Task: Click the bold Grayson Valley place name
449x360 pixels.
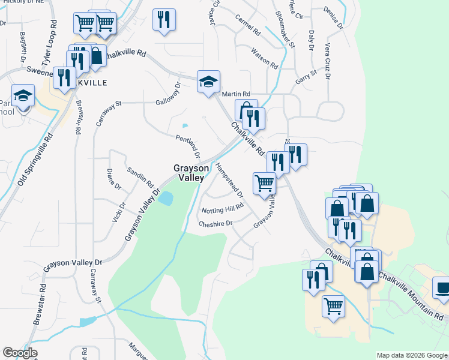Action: point(190,173)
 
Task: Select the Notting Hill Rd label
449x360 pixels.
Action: point(223,208)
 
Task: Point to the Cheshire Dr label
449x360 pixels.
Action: point(215,223)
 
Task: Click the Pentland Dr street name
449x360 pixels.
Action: point(188,146)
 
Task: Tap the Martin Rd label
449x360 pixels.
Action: point(235,94)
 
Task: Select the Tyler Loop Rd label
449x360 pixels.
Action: point(49,42)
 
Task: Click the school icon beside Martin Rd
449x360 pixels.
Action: point(208,82)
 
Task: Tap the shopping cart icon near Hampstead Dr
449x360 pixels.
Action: point(264,184)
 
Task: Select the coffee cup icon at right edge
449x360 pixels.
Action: point(442,288)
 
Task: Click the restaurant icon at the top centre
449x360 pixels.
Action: point(164,20)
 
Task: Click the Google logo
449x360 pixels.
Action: point(20,353)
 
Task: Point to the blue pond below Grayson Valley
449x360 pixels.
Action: point(166,198)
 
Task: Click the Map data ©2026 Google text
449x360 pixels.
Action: point(412,355)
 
